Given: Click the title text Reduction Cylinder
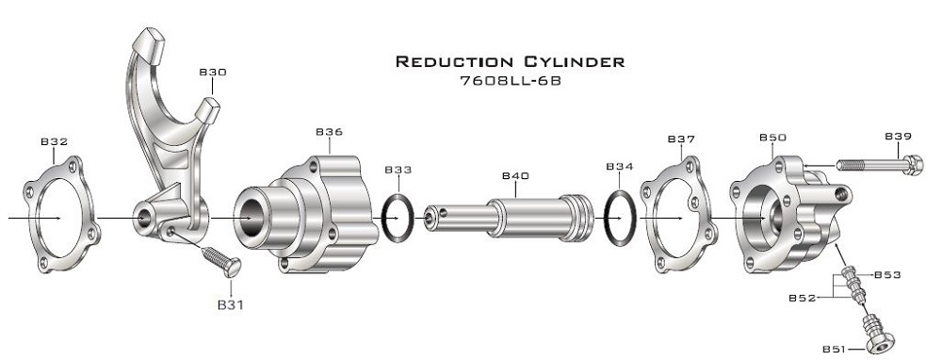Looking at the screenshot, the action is (x=510, y=61).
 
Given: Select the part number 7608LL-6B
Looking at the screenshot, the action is (x=510, y=80).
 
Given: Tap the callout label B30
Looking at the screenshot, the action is (x=213, y=73).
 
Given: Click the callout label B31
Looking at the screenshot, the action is (x=231, y=304).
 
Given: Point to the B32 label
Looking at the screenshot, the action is (x=54, y=142).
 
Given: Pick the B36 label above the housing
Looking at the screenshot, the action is (x=329, y=132).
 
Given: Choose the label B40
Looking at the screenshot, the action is (x=515, y=176).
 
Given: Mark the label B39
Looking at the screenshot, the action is (x=898, y=137).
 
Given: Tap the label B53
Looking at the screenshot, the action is (x=888, y=275).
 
